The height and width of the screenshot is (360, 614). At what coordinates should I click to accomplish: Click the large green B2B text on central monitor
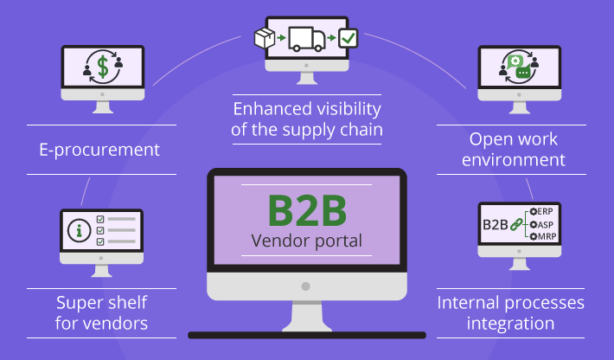pyautogui.click(x=306, y=210)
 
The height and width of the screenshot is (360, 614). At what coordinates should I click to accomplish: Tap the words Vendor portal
pyautogui.click(x=306, y=241)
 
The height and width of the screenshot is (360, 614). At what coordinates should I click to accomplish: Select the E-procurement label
pyautogui.click(x=100, y=150)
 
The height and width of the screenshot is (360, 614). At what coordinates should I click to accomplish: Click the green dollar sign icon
pyautogui.click(x=103, y=66)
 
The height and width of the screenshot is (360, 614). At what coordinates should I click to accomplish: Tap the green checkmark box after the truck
pyautogui.click(x=348, y=38)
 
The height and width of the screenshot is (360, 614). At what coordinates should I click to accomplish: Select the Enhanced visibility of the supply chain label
pyautogui.click(x=307, y=120)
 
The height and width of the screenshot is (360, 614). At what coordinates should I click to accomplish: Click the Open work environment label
pyautogui.click(x=513, y=149)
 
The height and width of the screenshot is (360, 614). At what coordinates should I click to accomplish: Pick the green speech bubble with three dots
pyautogui.click(x=522, y=74)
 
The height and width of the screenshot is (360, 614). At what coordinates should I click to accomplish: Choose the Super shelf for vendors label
pyautogui.click(x=101, y=313)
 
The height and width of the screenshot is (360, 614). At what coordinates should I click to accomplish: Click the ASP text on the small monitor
pyautogui.click(x=544, y=224)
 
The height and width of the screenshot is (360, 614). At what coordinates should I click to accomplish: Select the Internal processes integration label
pyautogui.click(x=510, y=313)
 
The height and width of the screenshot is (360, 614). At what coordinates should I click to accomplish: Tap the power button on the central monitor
pyautogui.click(x=306, y=285)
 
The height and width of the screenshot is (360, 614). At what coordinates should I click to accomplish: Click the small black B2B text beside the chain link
pyautogui.click(x=495, y=224)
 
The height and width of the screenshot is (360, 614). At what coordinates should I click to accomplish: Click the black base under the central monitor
pyautogui.click(x=306, y=334)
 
